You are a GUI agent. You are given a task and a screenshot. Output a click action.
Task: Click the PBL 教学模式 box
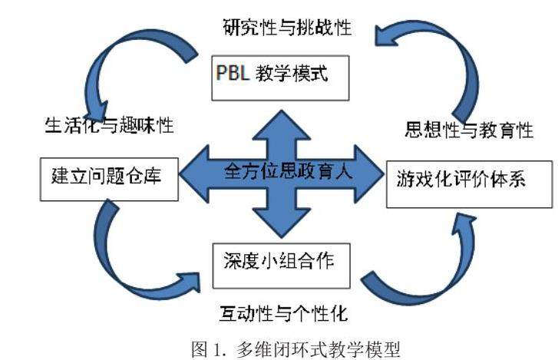click(x=280, y=76)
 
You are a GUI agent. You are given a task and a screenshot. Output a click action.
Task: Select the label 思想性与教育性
click(x=469, y=130)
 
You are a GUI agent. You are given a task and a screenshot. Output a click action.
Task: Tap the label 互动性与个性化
click(x=280, y=313)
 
